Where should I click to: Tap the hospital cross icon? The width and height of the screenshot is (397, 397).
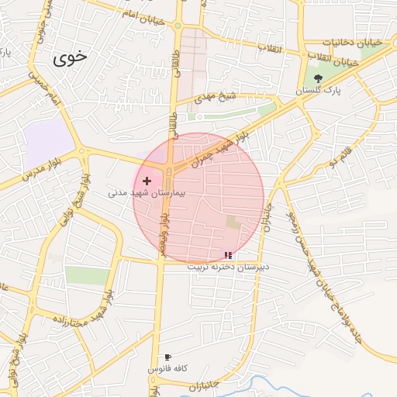click(147, 181)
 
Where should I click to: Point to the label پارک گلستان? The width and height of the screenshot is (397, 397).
click(317, 91)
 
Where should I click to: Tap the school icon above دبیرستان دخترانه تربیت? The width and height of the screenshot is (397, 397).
click(227, 254)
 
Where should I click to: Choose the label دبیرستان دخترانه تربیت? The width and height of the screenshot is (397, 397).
click(227, 266)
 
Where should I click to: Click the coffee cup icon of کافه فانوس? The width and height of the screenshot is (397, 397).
click(167, 357)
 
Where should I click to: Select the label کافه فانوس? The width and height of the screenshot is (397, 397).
click(167, 369)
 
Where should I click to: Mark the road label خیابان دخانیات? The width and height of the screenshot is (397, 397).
click(331, 41)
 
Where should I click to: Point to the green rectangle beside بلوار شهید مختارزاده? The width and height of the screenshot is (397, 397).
click(87, 275)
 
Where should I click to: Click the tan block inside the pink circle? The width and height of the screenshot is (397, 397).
click(233, 223)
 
